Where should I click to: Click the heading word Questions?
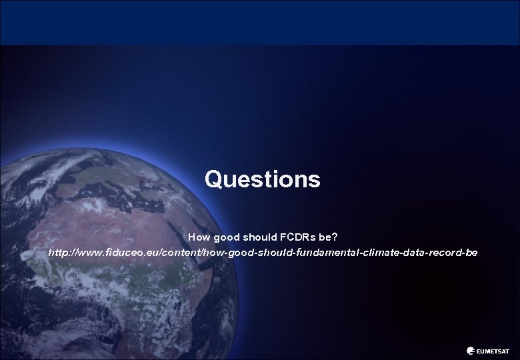coord(262,179)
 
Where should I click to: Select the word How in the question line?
coord(198,237)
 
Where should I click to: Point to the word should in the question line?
coord(257,237)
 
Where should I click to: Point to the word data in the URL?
coord(412,254)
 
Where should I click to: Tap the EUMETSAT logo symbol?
coord(472,349)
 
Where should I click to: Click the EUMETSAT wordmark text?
coord(493,349)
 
